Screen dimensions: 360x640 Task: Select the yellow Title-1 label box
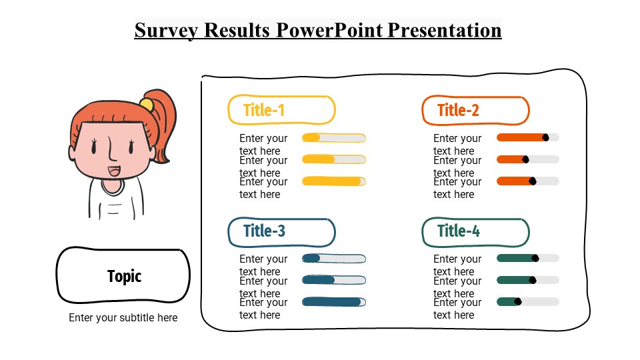point(281,110)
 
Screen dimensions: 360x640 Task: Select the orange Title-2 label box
point(475,110)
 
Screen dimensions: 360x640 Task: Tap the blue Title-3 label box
point(281,231)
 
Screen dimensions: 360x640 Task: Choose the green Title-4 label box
point(475,231)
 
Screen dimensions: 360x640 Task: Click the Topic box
point(123,275)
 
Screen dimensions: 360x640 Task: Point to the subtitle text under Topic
point(123,318)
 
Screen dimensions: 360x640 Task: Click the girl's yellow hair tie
point(147,104)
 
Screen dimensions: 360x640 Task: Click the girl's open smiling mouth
point(114,171)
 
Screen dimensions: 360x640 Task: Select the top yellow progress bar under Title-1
point(333,138)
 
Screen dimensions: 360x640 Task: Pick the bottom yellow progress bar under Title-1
point(333,181)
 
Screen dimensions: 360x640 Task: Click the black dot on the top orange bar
point(545,137)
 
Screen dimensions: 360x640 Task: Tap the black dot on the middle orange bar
point(525,159)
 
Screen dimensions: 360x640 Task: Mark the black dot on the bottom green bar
point(518,301)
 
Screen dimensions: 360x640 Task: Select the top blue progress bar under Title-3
point(333,259)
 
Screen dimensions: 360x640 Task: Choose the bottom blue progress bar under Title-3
point(333,302)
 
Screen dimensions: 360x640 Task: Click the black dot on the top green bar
point(535,258)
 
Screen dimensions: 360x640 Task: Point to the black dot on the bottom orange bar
point(532,181)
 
